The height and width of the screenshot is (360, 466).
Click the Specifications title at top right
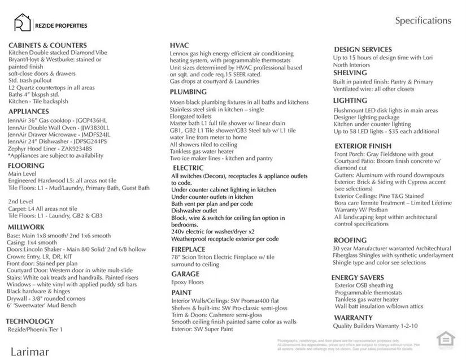[423, 21]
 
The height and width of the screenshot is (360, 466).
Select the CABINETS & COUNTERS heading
[47, 45]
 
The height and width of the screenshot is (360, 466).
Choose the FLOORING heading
[26, 166]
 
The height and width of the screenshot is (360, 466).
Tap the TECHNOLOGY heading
[30, 321]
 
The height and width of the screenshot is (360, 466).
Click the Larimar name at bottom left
[29, 352]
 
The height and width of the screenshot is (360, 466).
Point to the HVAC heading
[180, 45]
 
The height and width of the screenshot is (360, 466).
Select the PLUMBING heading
[188, 92]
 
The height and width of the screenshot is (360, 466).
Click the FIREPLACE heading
[189, 249]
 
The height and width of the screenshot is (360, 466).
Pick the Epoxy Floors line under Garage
[188, 283]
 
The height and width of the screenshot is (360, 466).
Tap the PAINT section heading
[181, 293]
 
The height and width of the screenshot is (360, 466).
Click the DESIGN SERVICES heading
[363, 50]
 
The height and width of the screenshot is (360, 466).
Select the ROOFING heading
[350, 240]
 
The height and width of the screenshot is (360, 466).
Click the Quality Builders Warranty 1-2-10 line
[375, 326]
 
